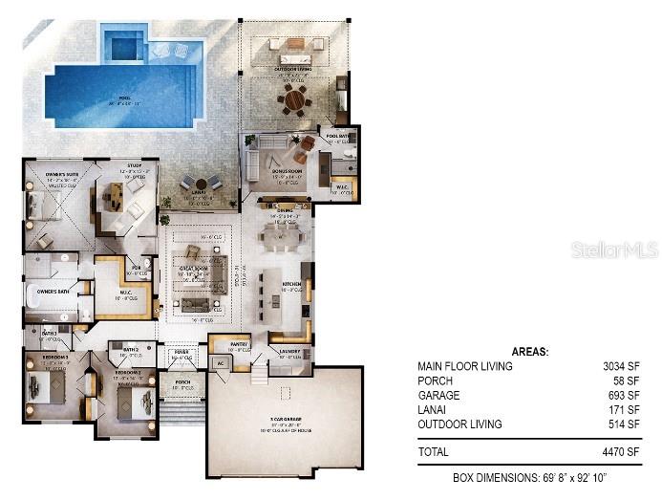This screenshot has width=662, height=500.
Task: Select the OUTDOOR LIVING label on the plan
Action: coord(292,68)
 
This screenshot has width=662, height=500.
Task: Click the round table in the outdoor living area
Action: coord(295,98)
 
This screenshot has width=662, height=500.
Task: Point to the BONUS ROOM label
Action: coord(290,171)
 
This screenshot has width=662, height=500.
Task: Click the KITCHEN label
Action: coord(292,284)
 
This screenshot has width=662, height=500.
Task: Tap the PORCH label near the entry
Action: coord(182,382)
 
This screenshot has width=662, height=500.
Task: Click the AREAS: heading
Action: coord(530,351)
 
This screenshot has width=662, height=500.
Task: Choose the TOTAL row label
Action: coord(435,450)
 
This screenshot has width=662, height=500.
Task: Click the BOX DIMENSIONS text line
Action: coord(531,476)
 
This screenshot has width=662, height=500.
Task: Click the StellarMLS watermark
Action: coord(615,250)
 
